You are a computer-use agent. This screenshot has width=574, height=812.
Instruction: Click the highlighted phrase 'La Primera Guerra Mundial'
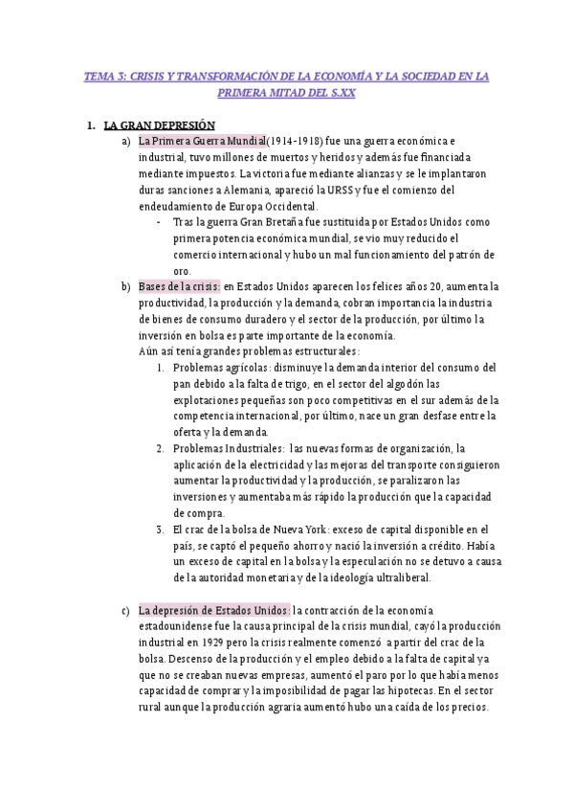(202, 142)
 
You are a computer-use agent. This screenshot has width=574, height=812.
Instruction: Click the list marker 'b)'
(125, 286)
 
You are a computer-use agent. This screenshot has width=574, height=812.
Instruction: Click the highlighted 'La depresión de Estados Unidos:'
(214, 611)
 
